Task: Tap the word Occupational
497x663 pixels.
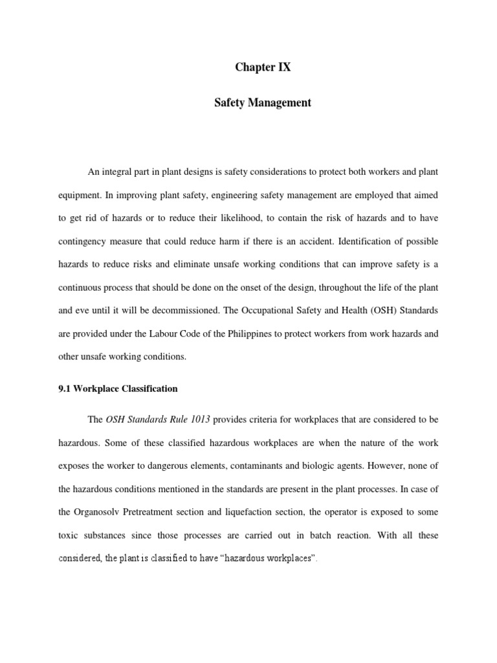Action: (x=276, y=310)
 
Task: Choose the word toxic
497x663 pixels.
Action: (x=69, y=535)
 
